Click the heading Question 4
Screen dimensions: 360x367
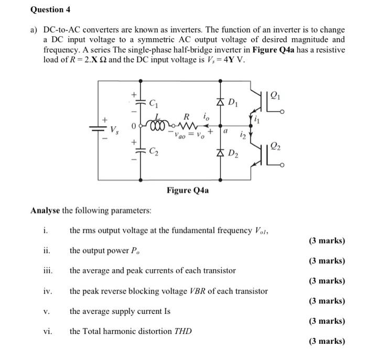(x=50, y=9)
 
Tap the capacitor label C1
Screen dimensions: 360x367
(x=153, y=103)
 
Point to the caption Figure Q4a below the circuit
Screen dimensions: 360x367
(x=188, y=190)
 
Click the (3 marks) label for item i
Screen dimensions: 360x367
(x=327, y=241)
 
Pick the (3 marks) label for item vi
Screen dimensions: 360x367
(x=327, y=341)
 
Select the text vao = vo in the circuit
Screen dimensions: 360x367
(x=187, y=135)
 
